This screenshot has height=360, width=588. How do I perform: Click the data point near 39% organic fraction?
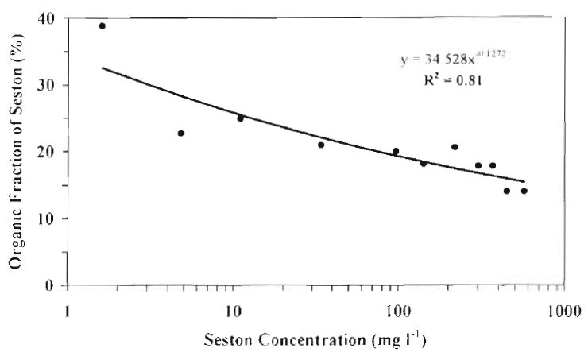click(x=103, y=25)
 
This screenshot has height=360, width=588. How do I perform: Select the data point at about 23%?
click(x=181, y=133)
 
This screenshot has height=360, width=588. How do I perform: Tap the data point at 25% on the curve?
click(x=240, y=118)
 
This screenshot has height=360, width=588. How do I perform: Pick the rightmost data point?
click(x=524, y=191)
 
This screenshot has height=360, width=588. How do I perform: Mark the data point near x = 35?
click(x=321, y=145)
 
